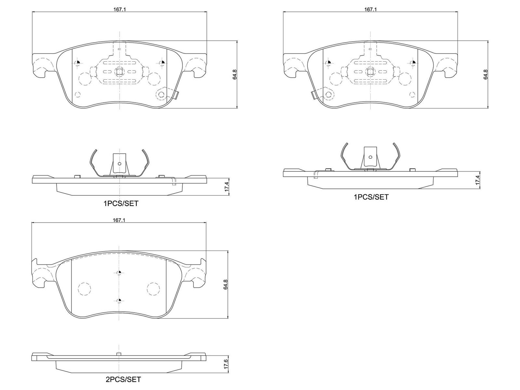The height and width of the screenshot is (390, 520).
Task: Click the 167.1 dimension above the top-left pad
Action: click(x=119, y=9)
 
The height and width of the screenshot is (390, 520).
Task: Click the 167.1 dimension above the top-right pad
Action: click(x=370, y=9)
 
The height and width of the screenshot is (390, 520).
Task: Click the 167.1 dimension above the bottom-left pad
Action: click(x=119, y=220)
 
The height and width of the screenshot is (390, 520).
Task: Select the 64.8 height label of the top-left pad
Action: click(x=235, y=74)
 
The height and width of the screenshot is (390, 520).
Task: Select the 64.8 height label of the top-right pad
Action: click(x=486, y=74)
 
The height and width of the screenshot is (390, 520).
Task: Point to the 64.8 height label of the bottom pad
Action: click(x=226, y=284)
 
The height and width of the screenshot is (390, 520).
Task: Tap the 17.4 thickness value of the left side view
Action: click(x=227, y=187)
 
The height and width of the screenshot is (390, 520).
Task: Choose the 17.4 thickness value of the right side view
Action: click(x=478, y=180)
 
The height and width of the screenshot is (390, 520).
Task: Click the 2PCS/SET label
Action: click(x=123, y=380)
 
